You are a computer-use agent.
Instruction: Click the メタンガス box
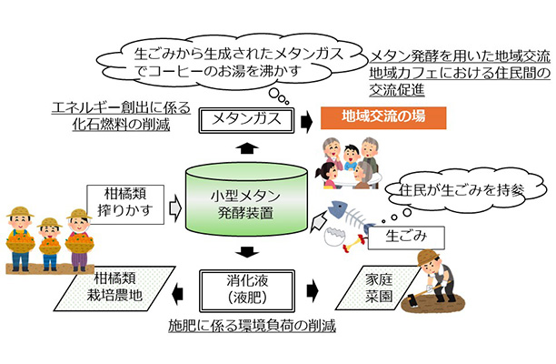tap(244, 119)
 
